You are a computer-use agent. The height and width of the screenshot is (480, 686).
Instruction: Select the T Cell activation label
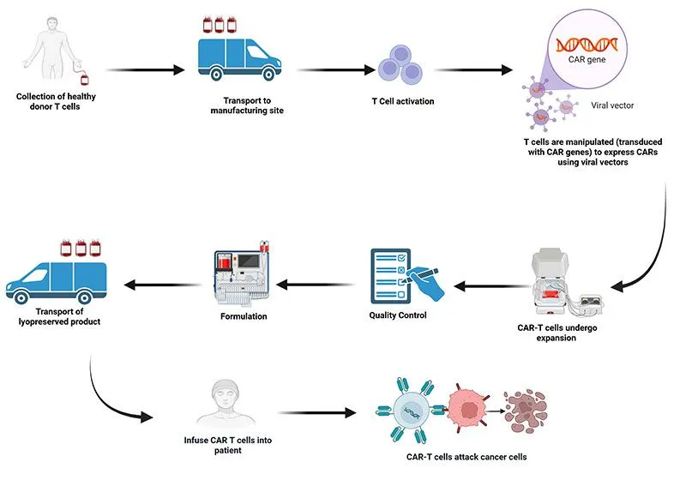pyautogui.click(x=402, y=102)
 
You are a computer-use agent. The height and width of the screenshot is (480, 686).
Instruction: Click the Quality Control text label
pyautogui.click(x=396, y=315)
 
